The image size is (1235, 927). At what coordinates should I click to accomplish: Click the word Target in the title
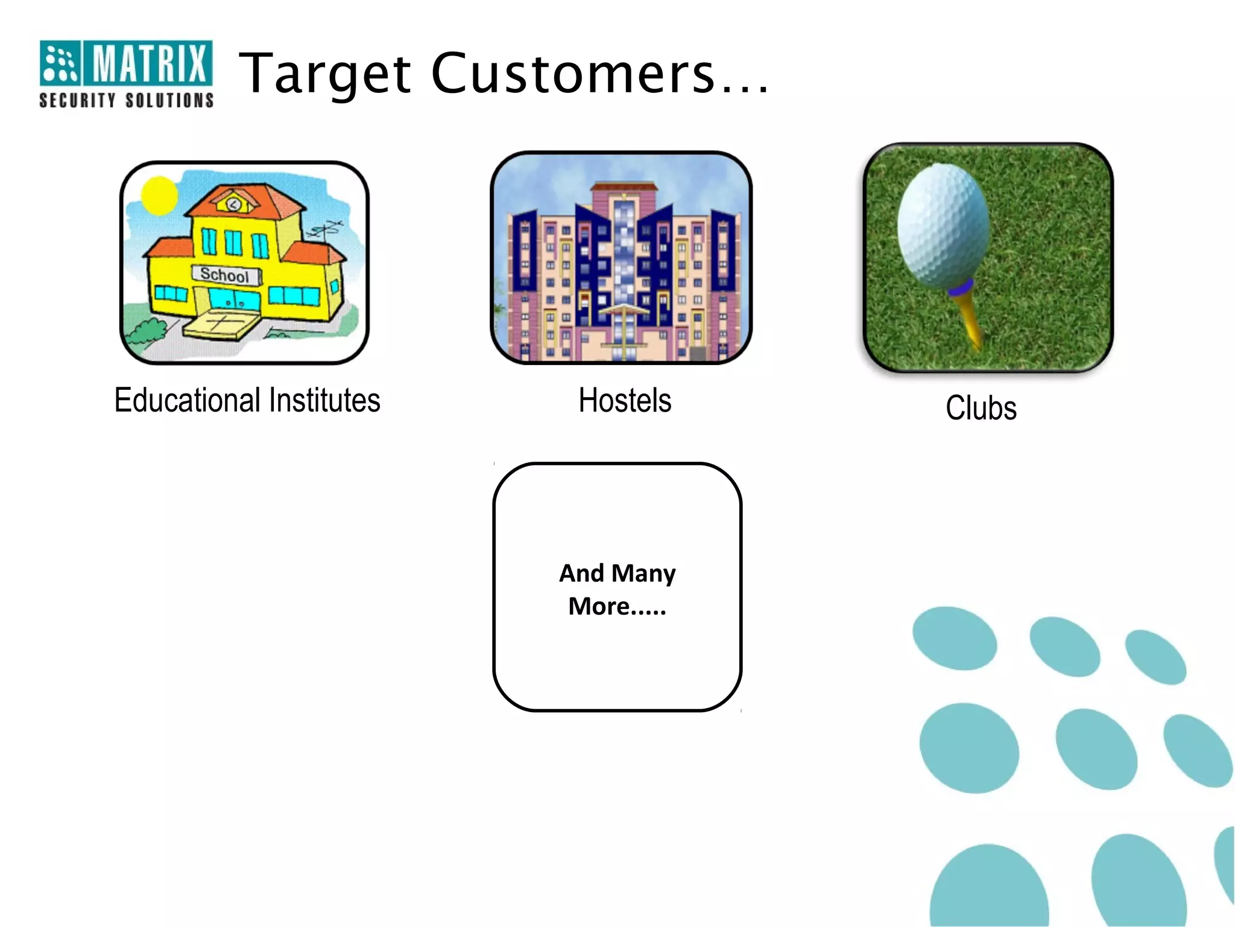coord(326,74)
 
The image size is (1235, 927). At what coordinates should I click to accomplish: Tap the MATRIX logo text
coord(148,63)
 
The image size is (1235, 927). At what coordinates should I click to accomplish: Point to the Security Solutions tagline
coord(126,100)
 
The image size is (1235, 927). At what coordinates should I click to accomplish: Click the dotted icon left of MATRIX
coord(59,63)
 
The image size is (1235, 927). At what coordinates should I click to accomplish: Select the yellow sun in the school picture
coord(159,196)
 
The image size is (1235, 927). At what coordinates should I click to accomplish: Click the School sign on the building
coord(225,275)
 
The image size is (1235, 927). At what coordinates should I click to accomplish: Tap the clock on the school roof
coord(233,204)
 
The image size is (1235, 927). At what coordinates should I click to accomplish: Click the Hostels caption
coord(625,400)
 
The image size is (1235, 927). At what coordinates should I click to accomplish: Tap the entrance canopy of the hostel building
coord(621,311)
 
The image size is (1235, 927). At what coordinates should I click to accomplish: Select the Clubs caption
coord(981,408)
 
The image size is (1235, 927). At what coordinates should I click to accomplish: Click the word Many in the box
coord(643,573)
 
